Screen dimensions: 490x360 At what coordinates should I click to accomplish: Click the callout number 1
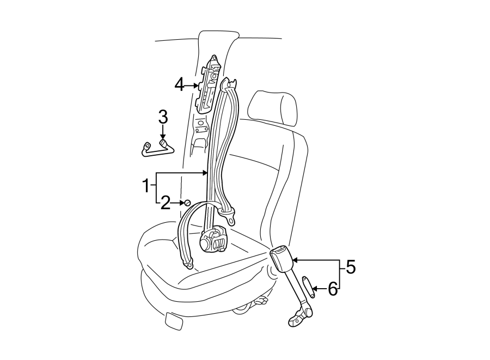point(145,186)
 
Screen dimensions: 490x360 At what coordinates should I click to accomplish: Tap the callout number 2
point(166,203)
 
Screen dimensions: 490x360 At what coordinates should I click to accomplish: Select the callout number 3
point(162,117)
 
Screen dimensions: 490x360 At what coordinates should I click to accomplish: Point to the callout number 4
point(180,85)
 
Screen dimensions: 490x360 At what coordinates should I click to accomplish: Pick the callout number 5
point(350,267)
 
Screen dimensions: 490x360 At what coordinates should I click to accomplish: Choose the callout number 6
point(332,289)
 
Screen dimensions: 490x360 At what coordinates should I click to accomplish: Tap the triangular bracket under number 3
point(156,149)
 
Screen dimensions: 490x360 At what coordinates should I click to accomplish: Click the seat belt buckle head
point(281,258)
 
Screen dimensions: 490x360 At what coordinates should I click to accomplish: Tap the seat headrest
point(273,108)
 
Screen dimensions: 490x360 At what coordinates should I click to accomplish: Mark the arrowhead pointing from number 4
point(197,86)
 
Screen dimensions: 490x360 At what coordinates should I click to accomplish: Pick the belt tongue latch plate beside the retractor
point(232,218)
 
